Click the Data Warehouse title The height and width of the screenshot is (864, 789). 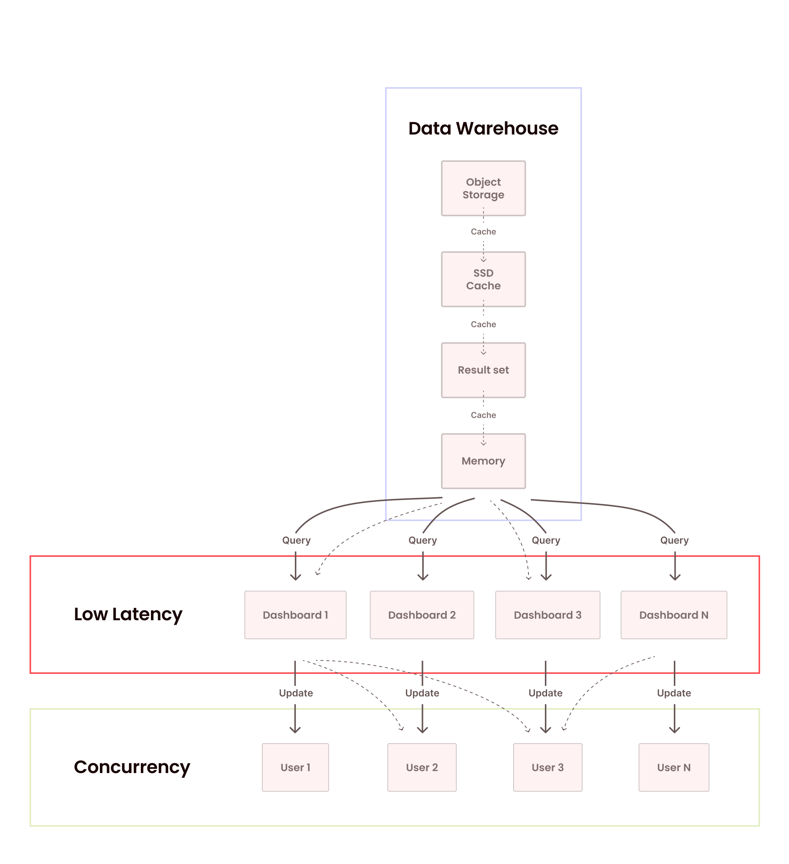tap(483, 129)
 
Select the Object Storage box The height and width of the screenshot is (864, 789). tap(483, 188)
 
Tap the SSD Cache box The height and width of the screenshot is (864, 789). tap(483, 279)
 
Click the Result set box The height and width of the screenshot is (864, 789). tap(483, 370)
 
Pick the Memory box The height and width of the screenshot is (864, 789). tap(483, 461)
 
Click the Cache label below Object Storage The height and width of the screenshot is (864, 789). tap(483, 231)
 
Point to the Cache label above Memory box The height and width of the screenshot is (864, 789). tap(483, 415)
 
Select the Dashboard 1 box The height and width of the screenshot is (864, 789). tap(295, 615)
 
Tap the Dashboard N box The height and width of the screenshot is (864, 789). tap(674, 615)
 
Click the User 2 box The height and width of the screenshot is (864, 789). tap(422, 767)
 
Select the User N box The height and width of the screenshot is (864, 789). tap(674, 767)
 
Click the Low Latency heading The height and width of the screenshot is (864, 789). tap(128, 614)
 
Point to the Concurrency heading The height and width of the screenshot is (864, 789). tap(132, 767)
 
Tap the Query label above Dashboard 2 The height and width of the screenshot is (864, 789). tap(423, 540)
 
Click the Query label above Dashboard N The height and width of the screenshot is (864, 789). tap(674, 540)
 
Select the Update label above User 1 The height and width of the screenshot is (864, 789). tap(296, 693)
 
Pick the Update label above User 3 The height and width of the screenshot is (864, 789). tap(545, 693)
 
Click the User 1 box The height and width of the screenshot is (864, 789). tap(295, 767)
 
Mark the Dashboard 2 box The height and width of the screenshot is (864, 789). tap(422, 615)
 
